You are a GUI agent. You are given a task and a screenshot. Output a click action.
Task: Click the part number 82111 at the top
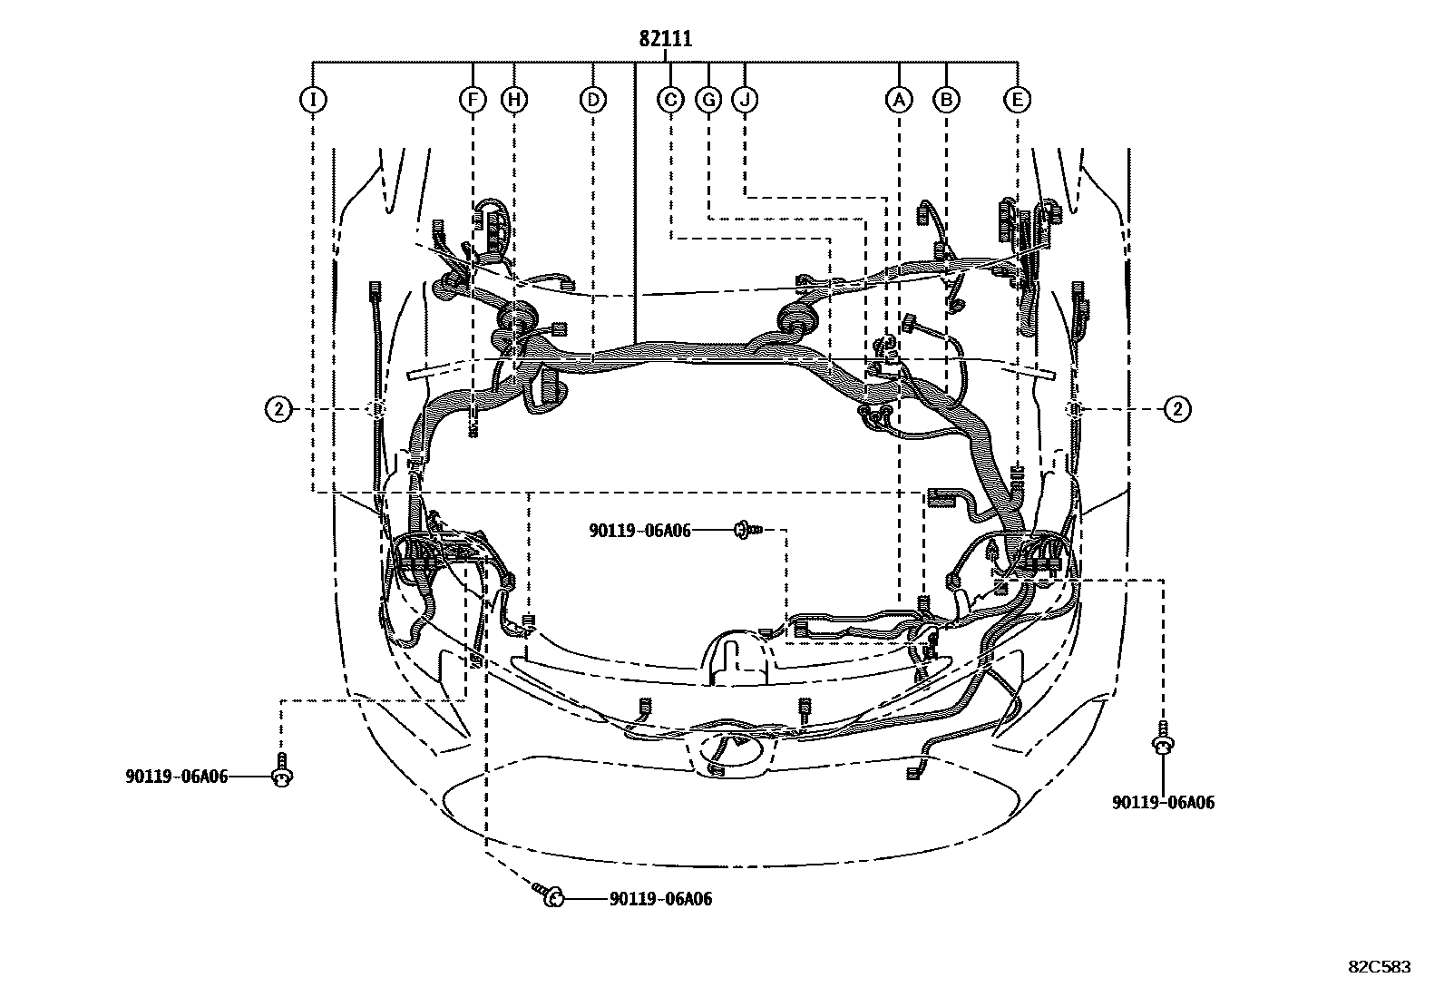tap(665, 39)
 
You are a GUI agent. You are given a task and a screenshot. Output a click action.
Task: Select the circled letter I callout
tap(312, 99)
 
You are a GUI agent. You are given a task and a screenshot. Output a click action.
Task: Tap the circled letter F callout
tap(472, 99)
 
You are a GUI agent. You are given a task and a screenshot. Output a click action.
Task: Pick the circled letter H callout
tap(514, 99)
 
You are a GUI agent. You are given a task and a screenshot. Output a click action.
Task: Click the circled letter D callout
tap(592, 99)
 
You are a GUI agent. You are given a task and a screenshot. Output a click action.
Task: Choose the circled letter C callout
tap(670, 99)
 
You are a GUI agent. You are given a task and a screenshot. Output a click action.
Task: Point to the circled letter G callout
tap(707, 99)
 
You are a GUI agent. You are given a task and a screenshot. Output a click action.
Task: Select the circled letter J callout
tap(746, 99)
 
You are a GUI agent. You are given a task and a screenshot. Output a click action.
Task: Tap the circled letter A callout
tap(899, 99)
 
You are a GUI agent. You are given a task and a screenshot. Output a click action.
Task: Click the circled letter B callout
tap(946, 99)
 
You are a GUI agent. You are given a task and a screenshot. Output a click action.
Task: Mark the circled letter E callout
tap(1018, 99)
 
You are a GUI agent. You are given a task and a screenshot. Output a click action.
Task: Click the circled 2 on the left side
tap(278, 410)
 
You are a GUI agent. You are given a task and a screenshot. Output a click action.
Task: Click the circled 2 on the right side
tap(1177, 410)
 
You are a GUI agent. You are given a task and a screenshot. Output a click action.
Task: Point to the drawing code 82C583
tap(1379, 967)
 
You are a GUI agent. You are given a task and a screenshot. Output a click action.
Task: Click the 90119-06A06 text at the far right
tap(1164, 802)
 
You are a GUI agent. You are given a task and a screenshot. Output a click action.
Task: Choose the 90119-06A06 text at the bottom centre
tap(660, 899)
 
